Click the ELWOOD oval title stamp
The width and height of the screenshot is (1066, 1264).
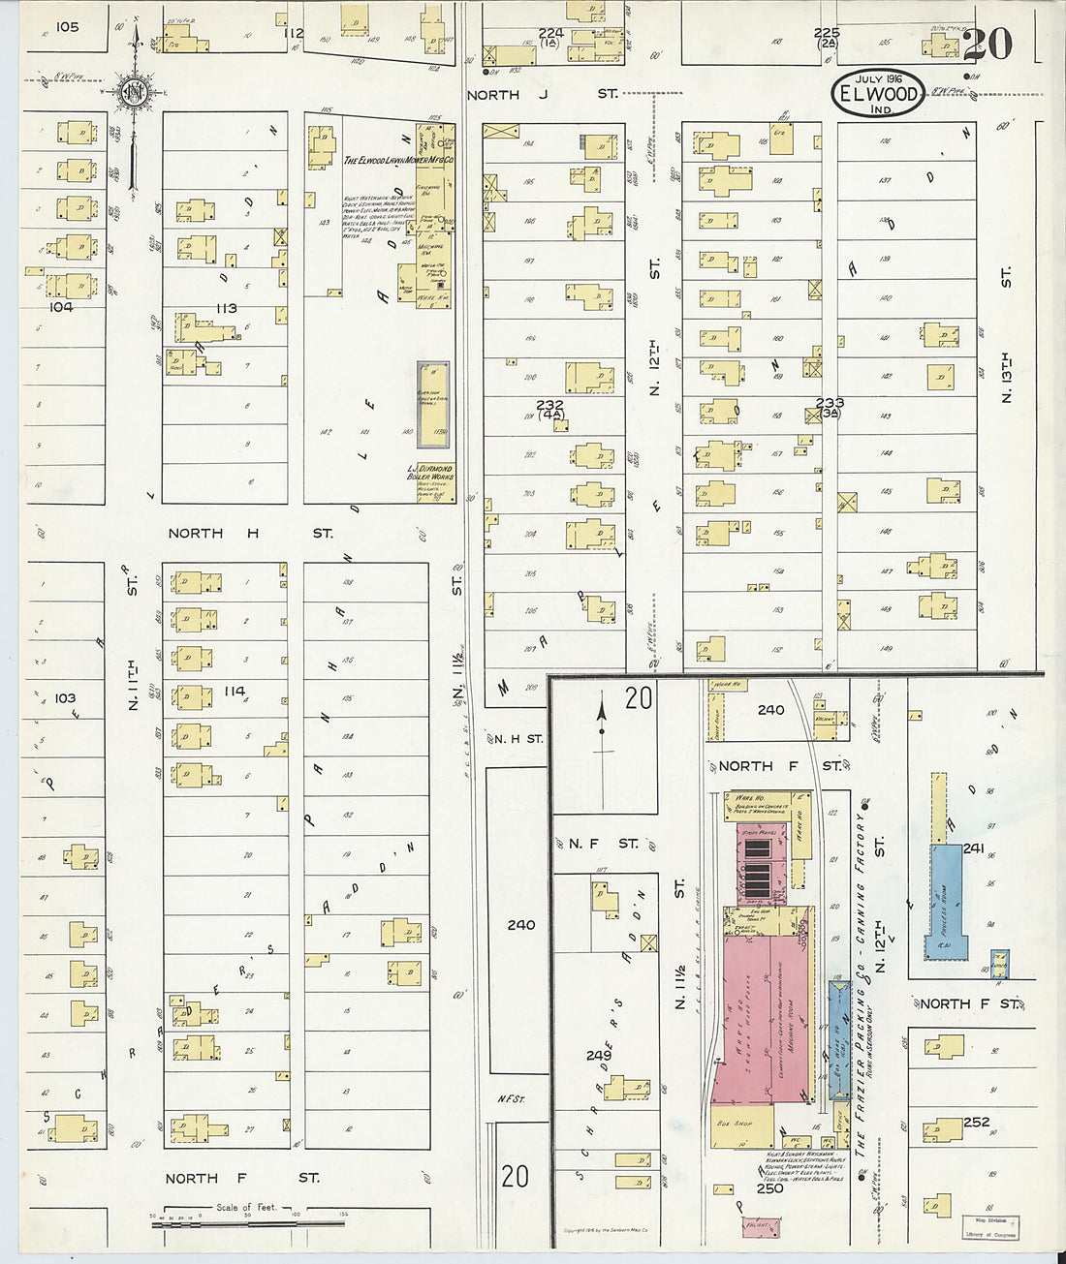click(877, 94)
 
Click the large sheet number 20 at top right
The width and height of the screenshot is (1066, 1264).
click(988, 44)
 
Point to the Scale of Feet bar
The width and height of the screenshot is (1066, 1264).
click(229, 1222)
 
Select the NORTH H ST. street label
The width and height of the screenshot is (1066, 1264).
click(250, 534)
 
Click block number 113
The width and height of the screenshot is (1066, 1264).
click(227, 308)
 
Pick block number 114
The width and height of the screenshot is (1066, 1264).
click(234, 691)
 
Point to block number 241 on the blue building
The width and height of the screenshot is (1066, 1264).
click(974, 848)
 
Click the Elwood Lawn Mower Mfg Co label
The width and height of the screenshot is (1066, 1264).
click(399, 160)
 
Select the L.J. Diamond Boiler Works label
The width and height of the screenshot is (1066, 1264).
click(430, 474)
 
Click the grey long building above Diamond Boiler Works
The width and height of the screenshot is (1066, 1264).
click(433, 405)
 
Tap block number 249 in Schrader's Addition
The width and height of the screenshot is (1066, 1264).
click(599, 1054)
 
